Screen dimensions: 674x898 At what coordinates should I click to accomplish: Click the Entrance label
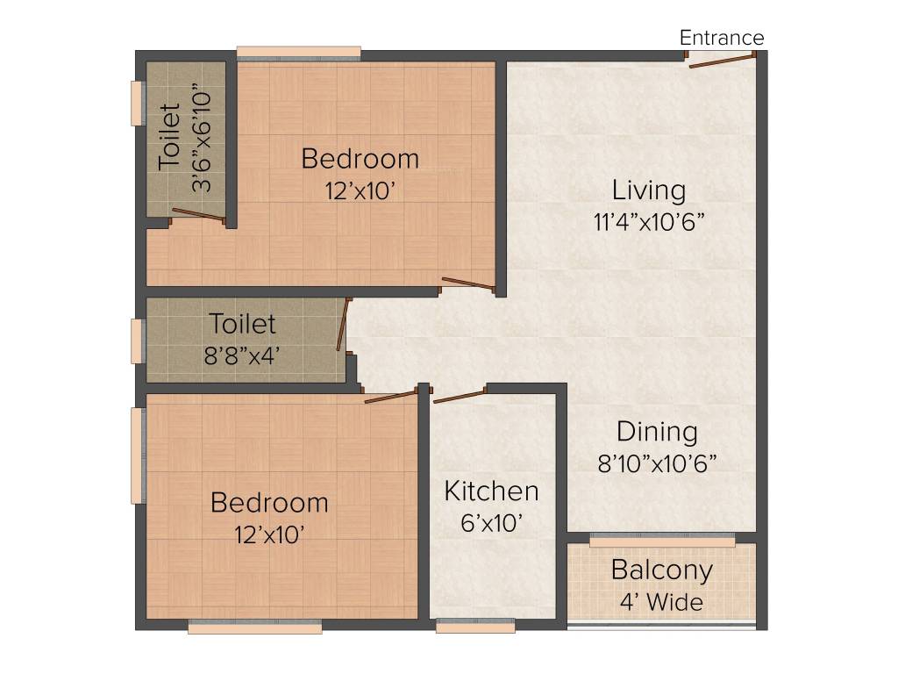[x=722, y=38]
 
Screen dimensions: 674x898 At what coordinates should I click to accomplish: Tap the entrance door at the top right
[x=722, y=60]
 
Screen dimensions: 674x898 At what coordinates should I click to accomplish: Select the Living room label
[x=649, y=190]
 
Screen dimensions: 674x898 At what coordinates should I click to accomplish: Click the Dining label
[x=657, y=432]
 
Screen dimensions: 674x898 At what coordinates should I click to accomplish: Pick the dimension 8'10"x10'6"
[x=657, y=462]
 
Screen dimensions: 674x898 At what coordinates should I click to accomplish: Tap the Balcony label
[x=662, y=570]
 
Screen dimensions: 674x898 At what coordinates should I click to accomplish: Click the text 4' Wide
[x=662, y=602]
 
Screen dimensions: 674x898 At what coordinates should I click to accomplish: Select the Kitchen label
[x=491, y=491]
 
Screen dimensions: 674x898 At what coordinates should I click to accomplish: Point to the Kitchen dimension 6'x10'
[x=492, y=523]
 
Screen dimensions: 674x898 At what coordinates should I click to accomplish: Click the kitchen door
[x=460, y=395]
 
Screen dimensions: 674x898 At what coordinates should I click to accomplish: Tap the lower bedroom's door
[x=390, y=397]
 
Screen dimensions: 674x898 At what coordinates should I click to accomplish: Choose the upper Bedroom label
[x=360, y=159]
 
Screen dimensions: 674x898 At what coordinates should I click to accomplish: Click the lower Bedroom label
[x=269, y=503]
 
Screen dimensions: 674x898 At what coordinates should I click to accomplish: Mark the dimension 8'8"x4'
[x=242, y=356]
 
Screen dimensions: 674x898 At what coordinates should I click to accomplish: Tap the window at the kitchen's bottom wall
[x=475, y=626]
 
